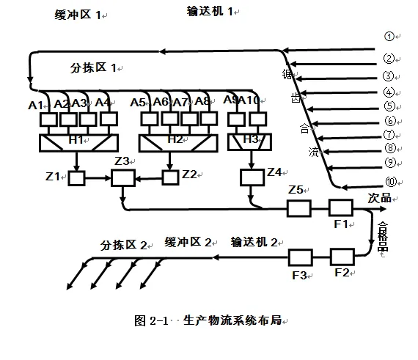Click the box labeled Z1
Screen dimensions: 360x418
coord(76,177)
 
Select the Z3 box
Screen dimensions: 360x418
coord(122,177)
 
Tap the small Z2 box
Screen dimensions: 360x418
coord(170,176)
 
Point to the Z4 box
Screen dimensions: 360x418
coord(252,177)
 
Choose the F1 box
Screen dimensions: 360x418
coord(341,208)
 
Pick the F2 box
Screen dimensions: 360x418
coord(342,257)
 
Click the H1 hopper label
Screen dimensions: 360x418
coord(76,139)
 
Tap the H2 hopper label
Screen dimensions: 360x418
coord(175,139)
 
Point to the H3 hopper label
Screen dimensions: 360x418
coord(251,138)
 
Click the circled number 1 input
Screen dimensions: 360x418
coord(389,36)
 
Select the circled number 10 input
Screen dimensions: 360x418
coord(390,183)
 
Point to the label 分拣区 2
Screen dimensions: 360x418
coord(125,244)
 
